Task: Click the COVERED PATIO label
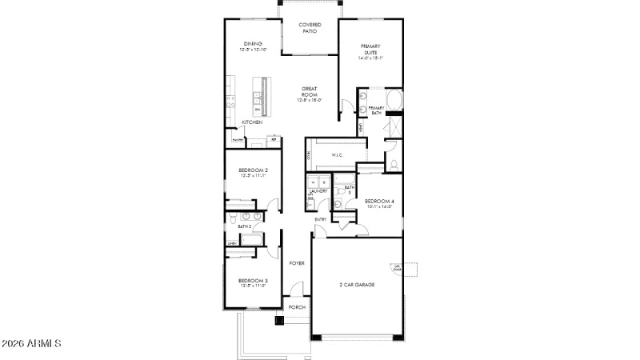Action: (x=309, y=28)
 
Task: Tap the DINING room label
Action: (x=253, y=46)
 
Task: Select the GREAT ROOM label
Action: (x=310, y=94)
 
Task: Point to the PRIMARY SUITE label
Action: (x=371, y=52)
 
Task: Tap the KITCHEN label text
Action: (x=253, y=122)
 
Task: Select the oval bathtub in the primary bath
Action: (x=397, y=101)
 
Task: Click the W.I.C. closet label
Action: (x=337, y=156)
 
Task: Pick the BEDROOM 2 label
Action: (x=253, y=173)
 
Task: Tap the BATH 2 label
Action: (x=244, y=226)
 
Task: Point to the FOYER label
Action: (x=296, y=262)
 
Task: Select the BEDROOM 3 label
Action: (x=253, y=282)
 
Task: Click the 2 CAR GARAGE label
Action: (x=357, y=284)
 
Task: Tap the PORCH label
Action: (x=296, y=307)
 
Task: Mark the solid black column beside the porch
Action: (x=279, y=321)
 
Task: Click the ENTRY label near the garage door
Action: (x=320, y=219)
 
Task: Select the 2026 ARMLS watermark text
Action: (x=32, y=344)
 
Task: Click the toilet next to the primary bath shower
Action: (x=394, y=165)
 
